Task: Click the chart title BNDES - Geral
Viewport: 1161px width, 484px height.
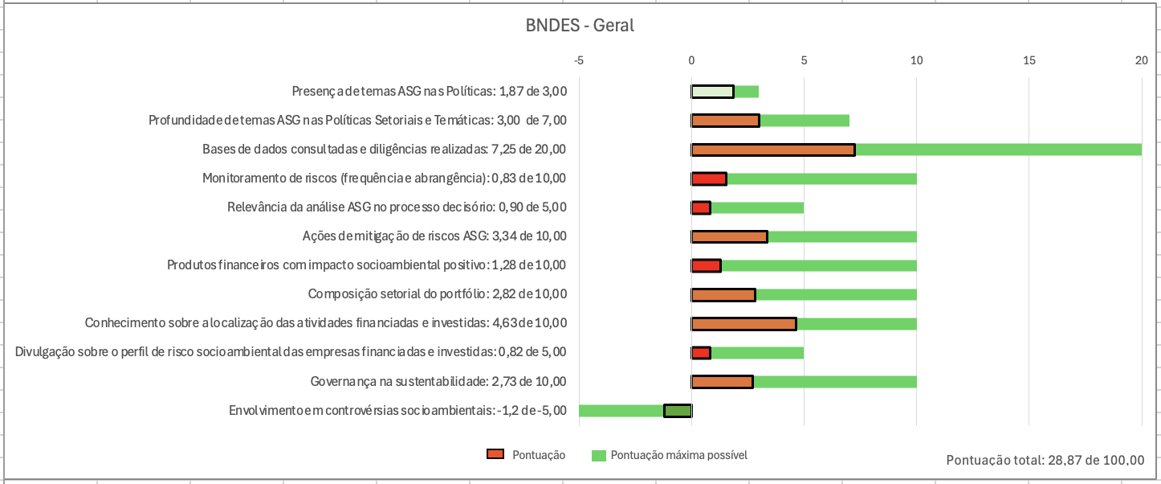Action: click(580, 26)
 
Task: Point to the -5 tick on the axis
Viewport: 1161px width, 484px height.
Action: click(579, 60)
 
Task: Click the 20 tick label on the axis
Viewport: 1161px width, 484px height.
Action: click(1141, 60)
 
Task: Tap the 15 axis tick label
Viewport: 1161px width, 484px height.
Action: click(1029, 60)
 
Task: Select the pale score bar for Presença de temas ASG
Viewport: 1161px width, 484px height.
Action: click(712, 92)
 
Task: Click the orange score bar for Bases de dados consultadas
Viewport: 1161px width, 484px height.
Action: click(773, 150)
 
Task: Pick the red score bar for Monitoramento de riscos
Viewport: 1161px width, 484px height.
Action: click(709, 178)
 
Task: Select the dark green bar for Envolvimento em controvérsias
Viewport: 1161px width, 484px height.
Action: click(678, 411)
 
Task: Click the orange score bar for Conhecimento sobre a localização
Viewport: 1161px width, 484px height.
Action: click(743, 324)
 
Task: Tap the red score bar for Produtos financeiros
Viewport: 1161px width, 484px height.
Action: click(707, 266)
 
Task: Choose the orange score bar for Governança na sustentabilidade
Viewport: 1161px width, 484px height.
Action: click(722, 382)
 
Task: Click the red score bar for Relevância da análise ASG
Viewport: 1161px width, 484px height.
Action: click(701, 208)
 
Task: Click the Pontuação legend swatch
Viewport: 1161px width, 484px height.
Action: click(495, 455)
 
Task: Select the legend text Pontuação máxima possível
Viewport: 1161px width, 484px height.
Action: click(679, 455)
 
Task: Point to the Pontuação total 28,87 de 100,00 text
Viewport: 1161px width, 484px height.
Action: click(1045, 461)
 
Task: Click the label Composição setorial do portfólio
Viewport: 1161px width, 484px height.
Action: click(438, 294)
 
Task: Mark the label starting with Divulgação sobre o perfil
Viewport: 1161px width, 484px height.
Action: click(291, 352)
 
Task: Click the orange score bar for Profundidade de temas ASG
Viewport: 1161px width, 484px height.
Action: click(725, 121)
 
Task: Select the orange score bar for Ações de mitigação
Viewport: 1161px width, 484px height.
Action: click(729, 236)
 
